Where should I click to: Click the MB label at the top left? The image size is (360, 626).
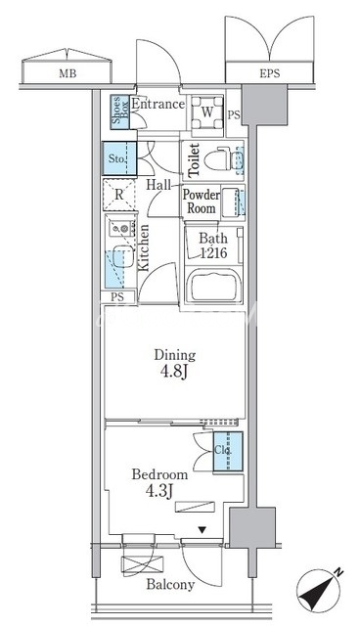[67, 74]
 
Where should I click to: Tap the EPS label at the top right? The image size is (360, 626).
[270, 74]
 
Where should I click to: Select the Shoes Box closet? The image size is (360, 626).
[120, 112]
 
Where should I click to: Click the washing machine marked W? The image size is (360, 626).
[207, 112]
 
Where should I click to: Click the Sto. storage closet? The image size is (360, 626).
[119, 158]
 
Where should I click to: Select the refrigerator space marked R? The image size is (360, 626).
[119, 195]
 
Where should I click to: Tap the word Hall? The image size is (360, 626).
[158, 185]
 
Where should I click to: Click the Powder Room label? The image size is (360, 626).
[202, 201]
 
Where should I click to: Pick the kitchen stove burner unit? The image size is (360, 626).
[122, 228]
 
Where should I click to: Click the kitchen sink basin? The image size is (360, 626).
[123, 256]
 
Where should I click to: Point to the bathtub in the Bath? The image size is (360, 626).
[215, 286]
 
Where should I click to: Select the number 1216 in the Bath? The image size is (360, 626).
[213, 252]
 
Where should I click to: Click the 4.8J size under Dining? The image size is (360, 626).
[174, 372]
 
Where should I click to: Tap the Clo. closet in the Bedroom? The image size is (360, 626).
[228, 452]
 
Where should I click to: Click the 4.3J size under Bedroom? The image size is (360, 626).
[159, 491]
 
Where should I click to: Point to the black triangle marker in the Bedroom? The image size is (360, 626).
[202, 530]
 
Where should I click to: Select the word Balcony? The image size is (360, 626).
[170, 585]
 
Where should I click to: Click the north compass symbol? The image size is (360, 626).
[319, 589]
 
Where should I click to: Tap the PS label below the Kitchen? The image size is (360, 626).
[117, 297]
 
